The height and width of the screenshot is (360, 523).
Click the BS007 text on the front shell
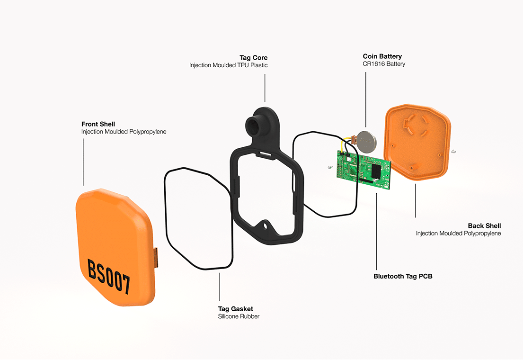click(109, 276)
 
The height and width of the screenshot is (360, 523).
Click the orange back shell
click(419, 143)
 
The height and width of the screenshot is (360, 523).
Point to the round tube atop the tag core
click(256, 124)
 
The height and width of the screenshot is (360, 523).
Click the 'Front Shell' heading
click(98, 124)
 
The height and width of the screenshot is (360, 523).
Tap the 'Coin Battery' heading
click(382, 56)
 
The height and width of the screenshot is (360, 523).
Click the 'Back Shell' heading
click(484, 226)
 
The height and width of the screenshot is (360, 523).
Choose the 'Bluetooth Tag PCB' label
click(403, 276)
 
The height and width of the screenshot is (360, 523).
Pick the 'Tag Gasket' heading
click(236, 309)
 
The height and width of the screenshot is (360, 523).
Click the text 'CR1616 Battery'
click(384, 64)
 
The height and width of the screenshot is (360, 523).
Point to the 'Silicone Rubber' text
click(239, 316)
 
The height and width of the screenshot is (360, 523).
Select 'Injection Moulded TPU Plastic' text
click(228, 65)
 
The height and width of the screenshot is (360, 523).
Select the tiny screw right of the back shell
click(452, 152)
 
